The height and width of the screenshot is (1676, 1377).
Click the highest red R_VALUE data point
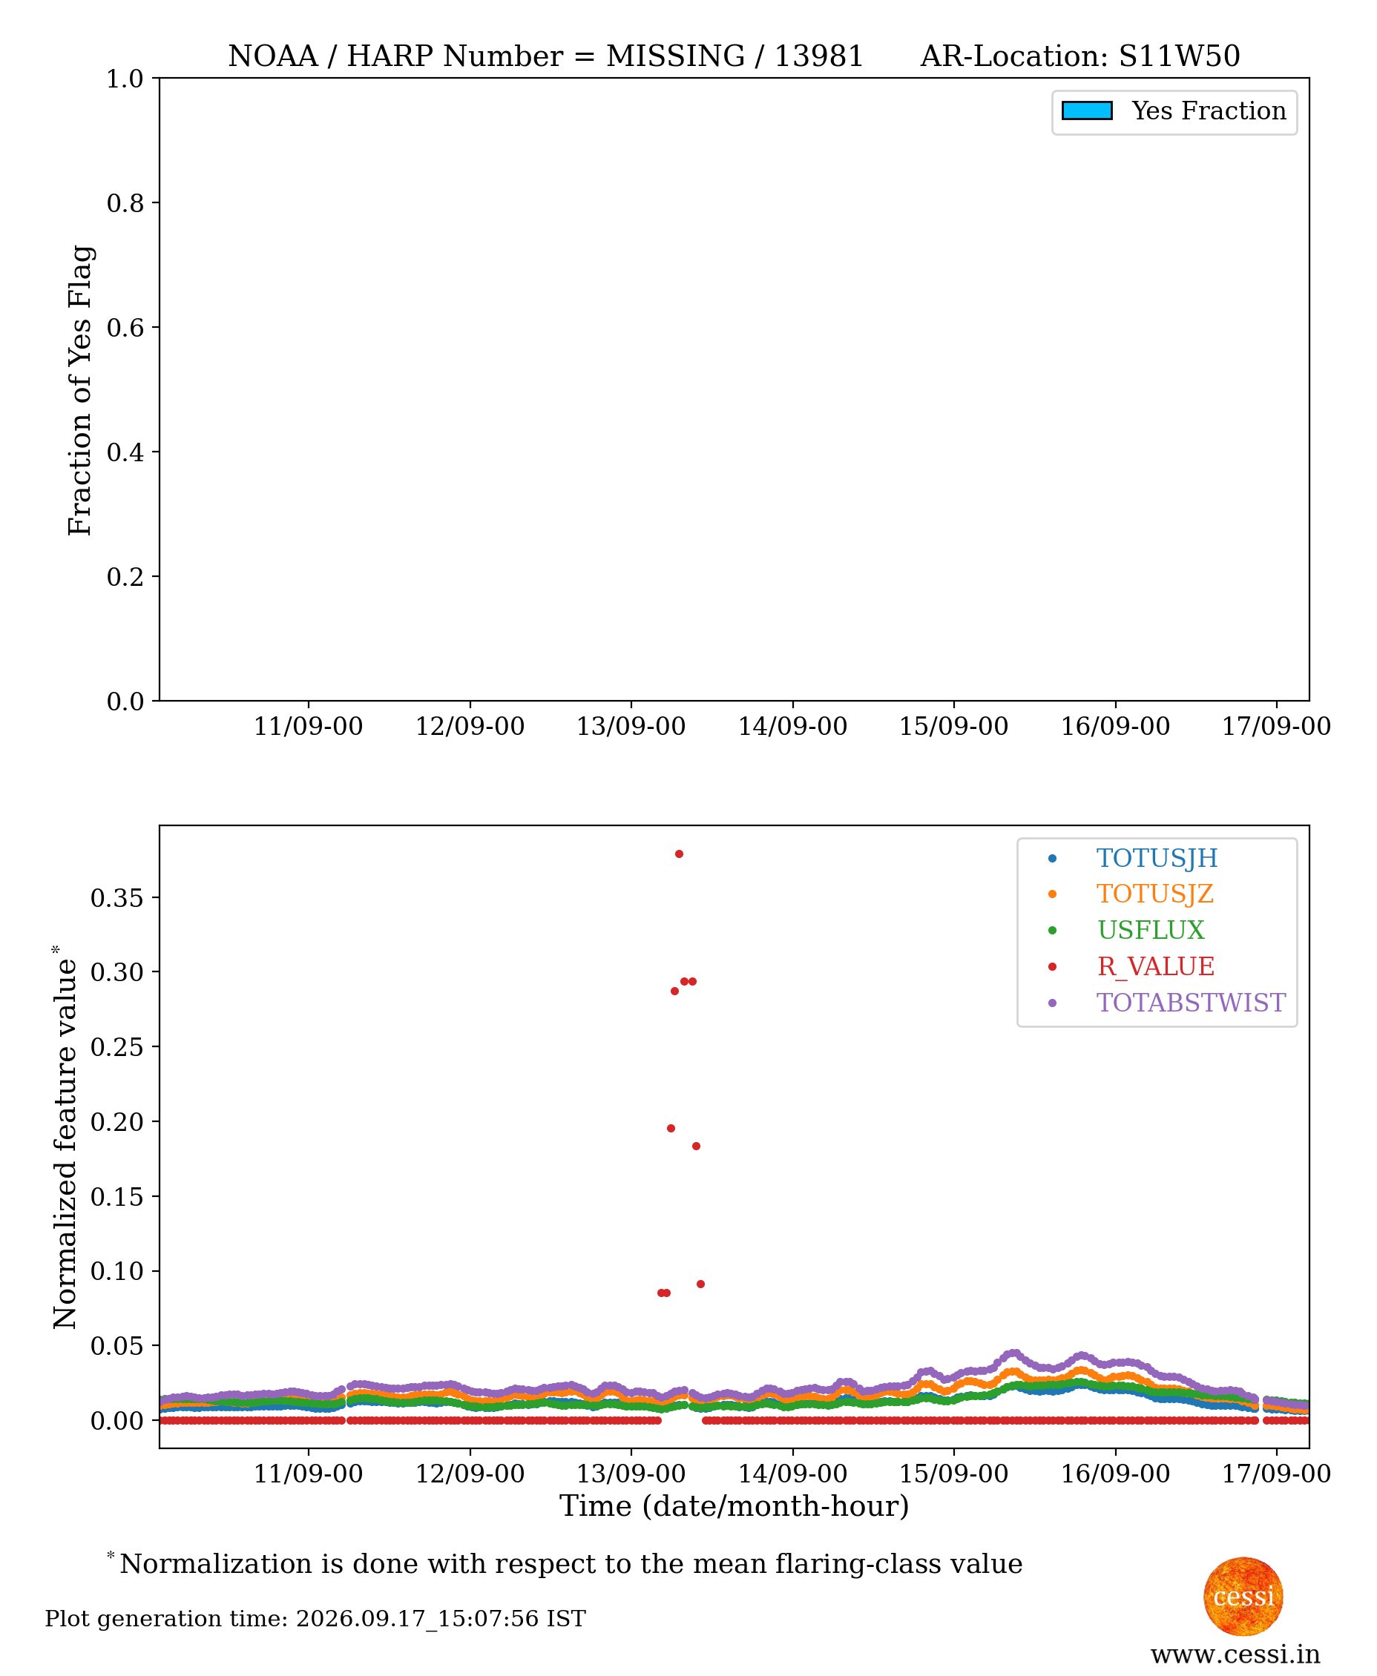point(679,854)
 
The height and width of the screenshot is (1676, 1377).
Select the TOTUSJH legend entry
point(1157,858)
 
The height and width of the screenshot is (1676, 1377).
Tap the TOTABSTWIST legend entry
point(1191,1002)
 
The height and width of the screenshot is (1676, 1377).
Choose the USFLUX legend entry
point(1150,930)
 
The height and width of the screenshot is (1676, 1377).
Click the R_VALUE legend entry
point(1156,966)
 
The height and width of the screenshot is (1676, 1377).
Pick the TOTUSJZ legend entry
point(1155,894)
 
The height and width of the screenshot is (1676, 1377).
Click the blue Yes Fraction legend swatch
point(1087,111)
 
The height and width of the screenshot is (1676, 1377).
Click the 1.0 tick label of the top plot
point(125,79)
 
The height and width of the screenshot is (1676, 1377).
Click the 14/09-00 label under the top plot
point(792,726)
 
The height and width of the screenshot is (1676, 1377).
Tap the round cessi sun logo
point(1243,1596)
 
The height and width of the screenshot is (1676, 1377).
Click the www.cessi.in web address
point(1235,1654)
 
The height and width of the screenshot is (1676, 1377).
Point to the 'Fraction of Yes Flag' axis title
point(80,390)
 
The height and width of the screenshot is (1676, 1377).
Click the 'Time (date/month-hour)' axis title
point(734,1506)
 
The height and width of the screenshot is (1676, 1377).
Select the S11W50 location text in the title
point(1179,56)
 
